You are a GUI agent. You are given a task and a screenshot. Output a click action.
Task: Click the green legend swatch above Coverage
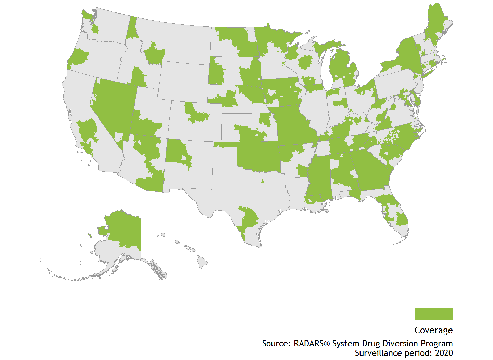pyautogui.click(x=433, y=313)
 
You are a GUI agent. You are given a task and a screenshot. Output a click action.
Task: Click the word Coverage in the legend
pyautogui.click(x=433, y=330)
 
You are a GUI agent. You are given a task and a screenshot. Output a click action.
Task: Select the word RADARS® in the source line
pyautogui.click(x=312, y=344)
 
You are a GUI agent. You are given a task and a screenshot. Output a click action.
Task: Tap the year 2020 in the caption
pyautogui.click(x=444, y=353)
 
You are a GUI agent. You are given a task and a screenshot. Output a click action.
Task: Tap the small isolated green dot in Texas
pyautogui.click(x=263, y=182)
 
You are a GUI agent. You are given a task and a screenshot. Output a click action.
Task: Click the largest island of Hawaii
pyautogui.click(x=202, y=262)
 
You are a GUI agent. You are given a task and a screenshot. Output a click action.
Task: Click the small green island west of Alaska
pyautogui.click(x=90, y=235)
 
